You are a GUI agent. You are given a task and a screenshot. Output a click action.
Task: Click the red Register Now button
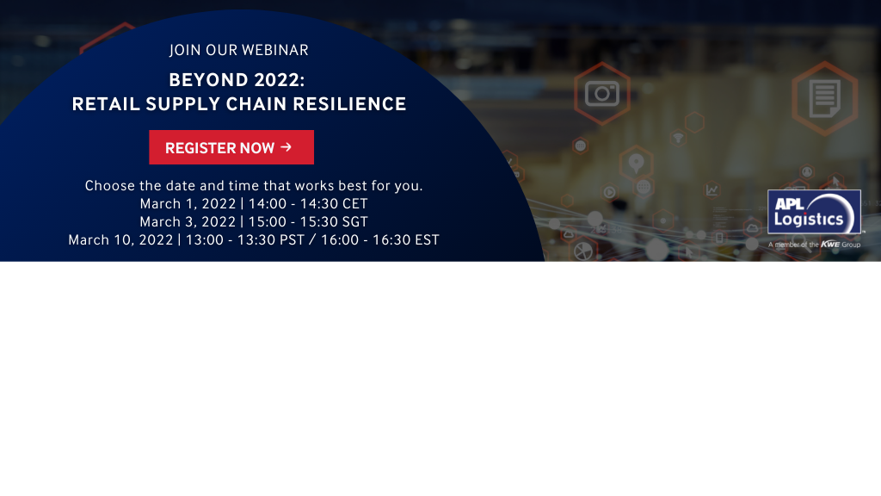[231, 147]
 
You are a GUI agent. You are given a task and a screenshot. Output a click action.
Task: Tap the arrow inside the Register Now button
[286, 146]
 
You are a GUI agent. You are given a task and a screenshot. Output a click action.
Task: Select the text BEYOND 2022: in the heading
[237, 80]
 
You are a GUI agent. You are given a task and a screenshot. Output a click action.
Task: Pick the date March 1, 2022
[188, 203]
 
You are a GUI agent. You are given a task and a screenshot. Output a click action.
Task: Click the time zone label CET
[354, 203]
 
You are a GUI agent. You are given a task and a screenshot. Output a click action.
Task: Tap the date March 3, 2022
[188, 221]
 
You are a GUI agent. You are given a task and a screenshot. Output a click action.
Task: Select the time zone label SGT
[354, 221]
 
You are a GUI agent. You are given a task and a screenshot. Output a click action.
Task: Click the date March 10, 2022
[120, 240]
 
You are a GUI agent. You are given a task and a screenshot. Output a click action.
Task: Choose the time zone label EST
[427, 240]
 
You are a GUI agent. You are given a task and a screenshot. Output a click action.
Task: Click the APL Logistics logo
[814, 212]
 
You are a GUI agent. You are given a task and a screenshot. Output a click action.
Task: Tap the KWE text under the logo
[830, 244]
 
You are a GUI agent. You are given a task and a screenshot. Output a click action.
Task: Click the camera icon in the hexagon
[601, 93]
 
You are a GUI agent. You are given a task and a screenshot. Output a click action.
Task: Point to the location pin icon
[636, 163]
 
